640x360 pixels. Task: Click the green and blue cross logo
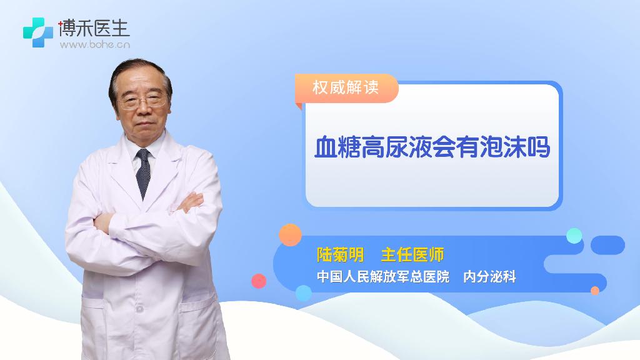pyautogui.click(x=38, y=32)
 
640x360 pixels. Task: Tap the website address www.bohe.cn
pyautogui.click(x=95, y=44)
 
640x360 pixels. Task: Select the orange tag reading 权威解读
pyautogui.click(x=346, y=87)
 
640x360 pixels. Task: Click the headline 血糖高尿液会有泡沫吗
pyautogui.click(x=432, y=147)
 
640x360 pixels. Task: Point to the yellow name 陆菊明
pyautogui.click(x=341, y=255)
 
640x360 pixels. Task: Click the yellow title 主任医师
pyautogui.click(x=412, y=255)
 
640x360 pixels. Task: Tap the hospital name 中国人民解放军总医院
pyautogui.click(x=383, y=277)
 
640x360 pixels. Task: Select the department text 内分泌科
pyautogui.click(x=489, y=277)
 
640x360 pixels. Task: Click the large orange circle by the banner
pyautogui.click(x=290, y=235)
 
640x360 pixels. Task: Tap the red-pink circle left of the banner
pyautogui.click(x=259, y=281)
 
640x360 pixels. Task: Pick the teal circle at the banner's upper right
pyautogui.click(x=574, y=236)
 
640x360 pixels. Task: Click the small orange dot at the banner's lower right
pyautogui.click(x=595, y=291)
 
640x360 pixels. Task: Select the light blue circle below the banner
pyautogui.click(x=303, y=293)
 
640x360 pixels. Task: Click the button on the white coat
pyautogui.click(x=139, y=309)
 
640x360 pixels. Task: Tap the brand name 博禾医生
pyautogui.click(x=94, y=27)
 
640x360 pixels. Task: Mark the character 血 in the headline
pyautogui.click(x=326, y=147)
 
